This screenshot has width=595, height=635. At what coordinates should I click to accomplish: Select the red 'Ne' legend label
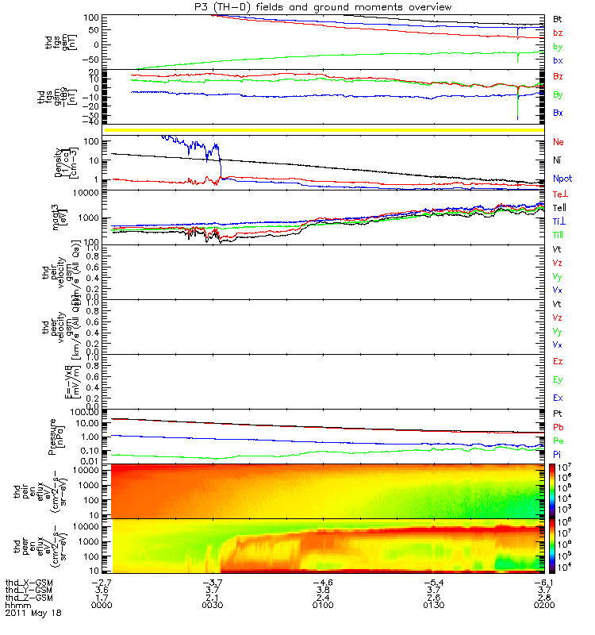click(559, 142)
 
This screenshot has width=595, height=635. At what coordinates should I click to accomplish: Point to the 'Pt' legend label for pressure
click(558, 414)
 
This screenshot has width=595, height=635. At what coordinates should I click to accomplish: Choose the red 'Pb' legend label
click(558, 428)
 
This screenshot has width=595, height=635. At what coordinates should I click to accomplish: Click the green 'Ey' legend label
click(559, 379)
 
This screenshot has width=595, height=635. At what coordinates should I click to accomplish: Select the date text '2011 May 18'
click(33, 613)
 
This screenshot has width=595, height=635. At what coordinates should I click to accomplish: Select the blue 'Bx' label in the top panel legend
click(558, 60)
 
